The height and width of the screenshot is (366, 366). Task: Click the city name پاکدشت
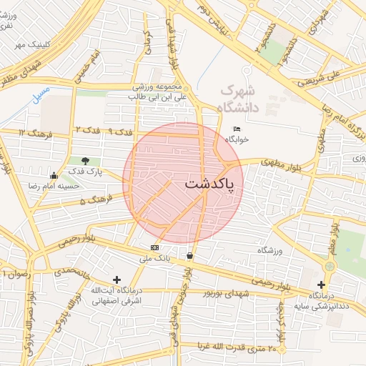213,183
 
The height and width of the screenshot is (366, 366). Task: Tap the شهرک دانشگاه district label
237,99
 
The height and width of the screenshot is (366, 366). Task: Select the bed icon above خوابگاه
237,129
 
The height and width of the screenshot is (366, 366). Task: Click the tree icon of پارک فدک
86,161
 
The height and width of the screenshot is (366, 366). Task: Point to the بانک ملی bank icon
154,247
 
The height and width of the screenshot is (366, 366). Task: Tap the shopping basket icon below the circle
189,255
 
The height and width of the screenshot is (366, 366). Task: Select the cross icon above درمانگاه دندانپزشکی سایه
322,285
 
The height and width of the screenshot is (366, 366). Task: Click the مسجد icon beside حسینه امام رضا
54,175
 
